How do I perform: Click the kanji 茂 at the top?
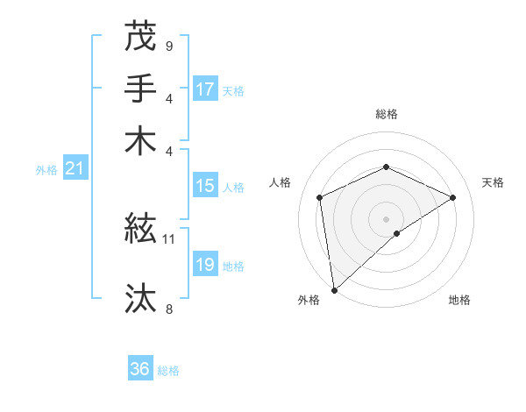pos(140,36)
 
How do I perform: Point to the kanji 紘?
pos(140,230)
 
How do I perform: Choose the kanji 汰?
pos(140,299)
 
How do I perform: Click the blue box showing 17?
pos(205,89)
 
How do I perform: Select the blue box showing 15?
pos(205,186)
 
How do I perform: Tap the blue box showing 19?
pos(205,265)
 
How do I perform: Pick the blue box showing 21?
pos(75,168)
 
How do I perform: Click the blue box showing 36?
pos(140,369)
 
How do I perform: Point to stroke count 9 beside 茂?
pos(168,45)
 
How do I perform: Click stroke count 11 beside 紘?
pos(169,238)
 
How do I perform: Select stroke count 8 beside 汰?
pos(168,308)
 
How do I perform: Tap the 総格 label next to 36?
pos(168,371)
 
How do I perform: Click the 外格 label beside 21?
pos(46,170)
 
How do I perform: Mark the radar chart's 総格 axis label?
pos(386,114)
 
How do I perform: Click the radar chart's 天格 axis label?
pos(494,182)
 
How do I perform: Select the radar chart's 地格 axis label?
pos(459,300)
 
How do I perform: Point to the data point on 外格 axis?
pos(334,290)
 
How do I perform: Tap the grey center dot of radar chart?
pos(386,218)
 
